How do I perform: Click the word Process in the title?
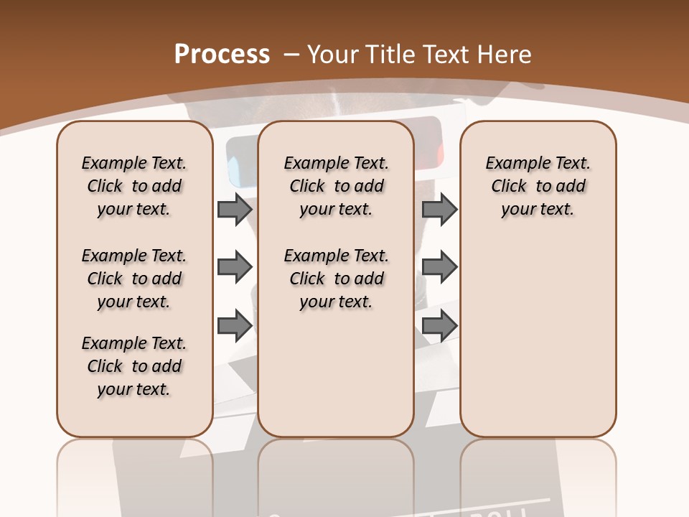pos(222,55)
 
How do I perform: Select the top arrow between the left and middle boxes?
pos(235,209)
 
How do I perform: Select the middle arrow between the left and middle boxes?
pos(235,267)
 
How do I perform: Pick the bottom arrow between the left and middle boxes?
pos(235,326)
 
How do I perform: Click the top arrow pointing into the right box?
pos(439,209)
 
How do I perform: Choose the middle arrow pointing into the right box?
pos(439,267)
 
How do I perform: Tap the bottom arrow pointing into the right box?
pos(439,326)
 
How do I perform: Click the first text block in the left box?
pos(134,186)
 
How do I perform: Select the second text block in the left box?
pos(134,279)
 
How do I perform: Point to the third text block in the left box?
pos(134,366)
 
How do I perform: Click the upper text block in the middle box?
pos(336,186)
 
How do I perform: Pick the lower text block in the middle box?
pos(336,279)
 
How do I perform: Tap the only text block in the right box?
pos(538,186)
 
